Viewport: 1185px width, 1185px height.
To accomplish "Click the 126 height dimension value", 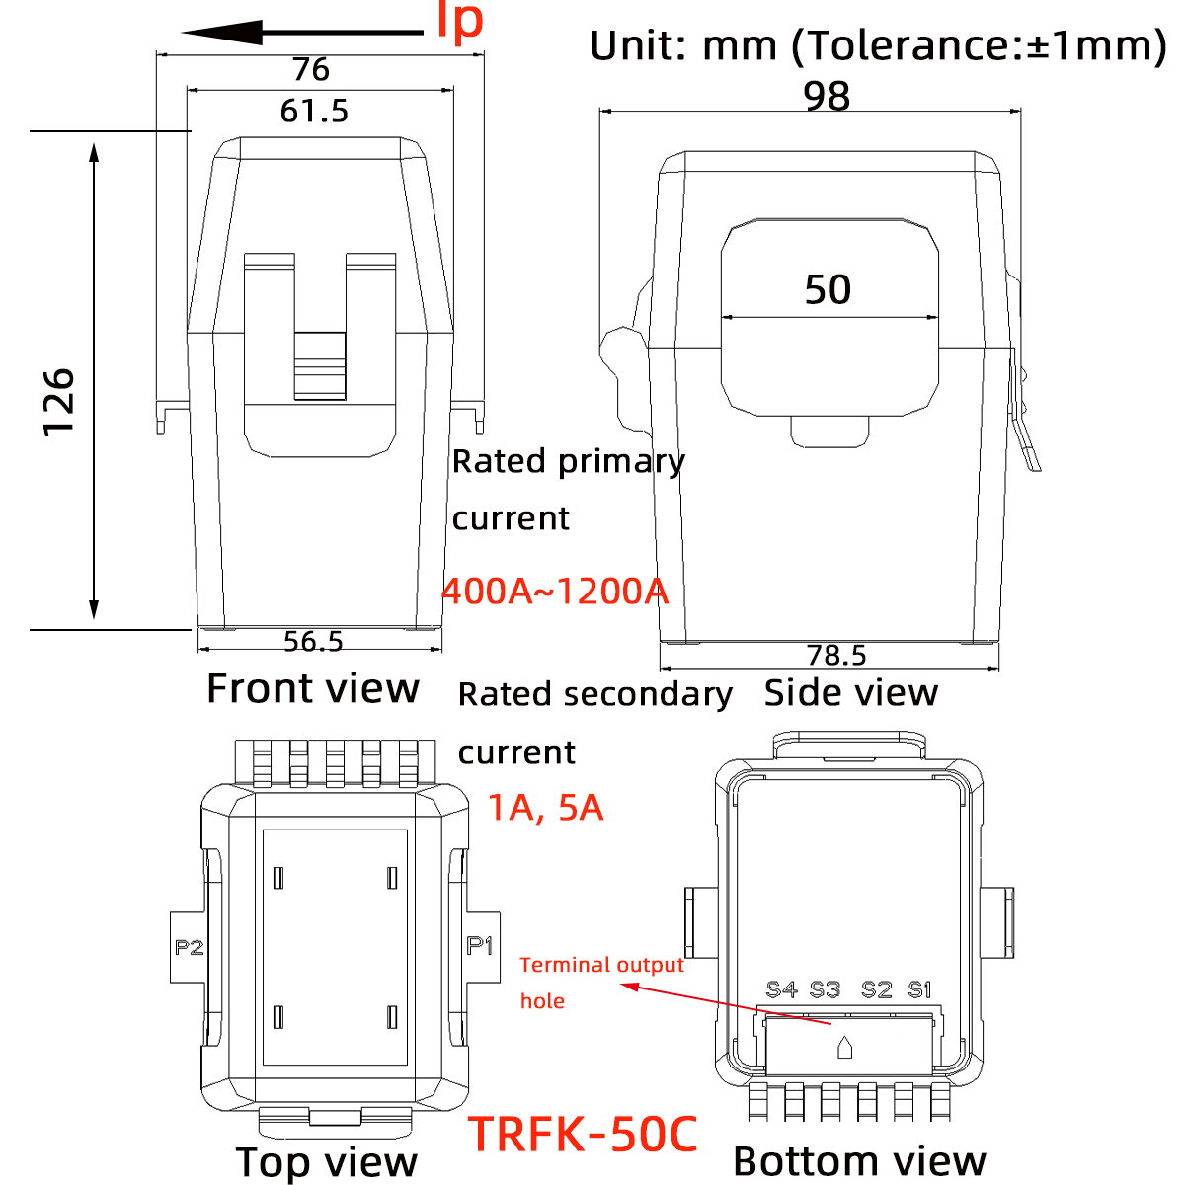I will coord(59,401).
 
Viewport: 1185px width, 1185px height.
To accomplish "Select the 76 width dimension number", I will coord(311,70).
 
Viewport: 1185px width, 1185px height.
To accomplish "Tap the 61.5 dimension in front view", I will coord(314,111).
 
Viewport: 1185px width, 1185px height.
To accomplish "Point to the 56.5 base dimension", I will coord(313,642).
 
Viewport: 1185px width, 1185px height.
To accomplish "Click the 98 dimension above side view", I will coord(827,97).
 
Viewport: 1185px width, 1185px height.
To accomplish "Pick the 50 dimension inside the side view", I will coord(828,289).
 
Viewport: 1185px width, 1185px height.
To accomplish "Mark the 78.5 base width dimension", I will coord(836,656).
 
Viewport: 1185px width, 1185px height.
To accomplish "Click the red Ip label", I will coord(460,22).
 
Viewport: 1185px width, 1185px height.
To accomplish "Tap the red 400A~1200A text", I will coord(555,592).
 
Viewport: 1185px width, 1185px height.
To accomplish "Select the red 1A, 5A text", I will coord(545,808).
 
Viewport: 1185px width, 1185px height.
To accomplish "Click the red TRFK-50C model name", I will coord(583,1135).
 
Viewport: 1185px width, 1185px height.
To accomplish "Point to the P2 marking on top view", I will coord(189,948).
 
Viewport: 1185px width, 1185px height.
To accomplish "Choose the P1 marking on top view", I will coord(480,946).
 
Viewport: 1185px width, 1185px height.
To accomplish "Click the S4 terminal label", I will coord(781,989).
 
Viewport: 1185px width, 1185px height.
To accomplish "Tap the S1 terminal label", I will coord(919,989).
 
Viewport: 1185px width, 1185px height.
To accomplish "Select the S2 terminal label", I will coord(876,989).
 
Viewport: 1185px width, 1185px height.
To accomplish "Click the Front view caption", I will coord(313,688).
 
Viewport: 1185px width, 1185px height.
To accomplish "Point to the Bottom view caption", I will coord(859,1161).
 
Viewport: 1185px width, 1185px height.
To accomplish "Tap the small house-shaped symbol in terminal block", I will coord(844,1048).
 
